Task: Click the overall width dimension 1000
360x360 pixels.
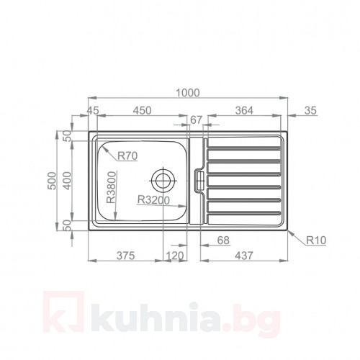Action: click(x=186, y=92)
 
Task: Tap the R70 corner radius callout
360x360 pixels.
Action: click(x=127, y=155)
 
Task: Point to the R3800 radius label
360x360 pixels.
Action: click(x=111, y=189)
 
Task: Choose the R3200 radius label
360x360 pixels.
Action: click(x=153, y=201)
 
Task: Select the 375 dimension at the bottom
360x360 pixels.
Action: click(x=125, y=256)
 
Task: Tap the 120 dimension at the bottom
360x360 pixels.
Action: click(x=175, y=256)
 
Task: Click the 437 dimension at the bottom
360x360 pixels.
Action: click(x=243, y=256)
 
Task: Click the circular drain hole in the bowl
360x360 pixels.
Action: click(x=163, y=178)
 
